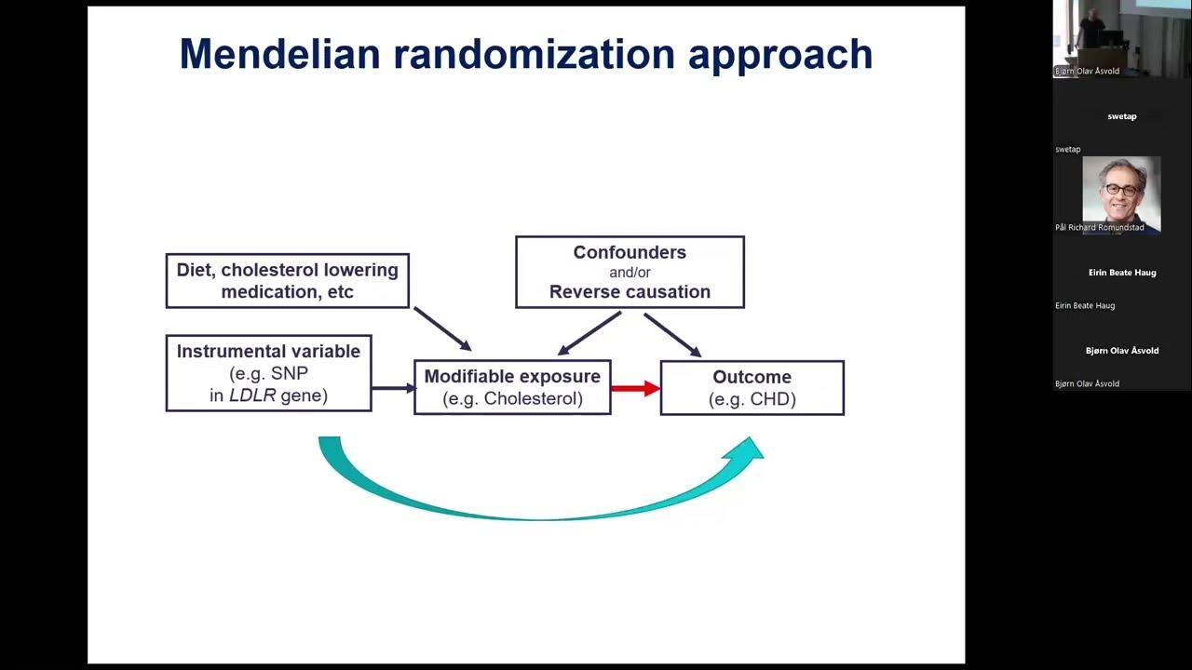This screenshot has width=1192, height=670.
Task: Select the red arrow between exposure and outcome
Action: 635,388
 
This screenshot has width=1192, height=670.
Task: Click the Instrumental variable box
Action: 268,373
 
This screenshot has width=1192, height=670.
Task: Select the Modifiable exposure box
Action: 512,387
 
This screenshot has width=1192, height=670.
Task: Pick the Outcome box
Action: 752,388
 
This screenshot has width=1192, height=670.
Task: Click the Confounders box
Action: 630,272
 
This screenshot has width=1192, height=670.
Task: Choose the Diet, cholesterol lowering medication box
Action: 287,280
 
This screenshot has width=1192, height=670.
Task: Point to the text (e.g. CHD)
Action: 752,399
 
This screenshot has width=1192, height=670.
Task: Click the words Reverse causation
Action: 630,292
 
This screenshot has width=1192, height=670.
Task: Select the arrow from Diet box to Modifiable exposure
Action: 442,329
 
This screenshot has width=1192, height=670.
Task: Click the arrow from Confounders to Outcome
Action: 672,335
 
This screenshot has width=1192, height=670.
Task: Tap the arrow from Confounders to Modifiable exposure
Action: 589,333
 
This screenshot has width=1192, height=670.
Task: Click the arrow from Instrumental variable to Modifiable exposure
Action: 392,388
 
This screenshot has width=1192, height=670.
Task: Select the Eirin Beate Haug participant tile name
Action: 1121,273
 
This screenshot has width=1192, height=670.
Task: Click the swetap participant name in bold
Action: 1121,116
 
